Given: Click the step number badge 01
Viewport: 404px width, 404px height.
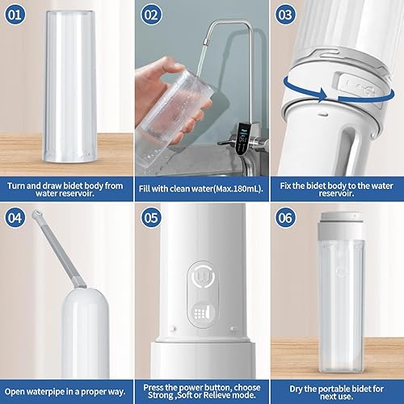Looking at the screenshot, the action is click(x=15, y=15).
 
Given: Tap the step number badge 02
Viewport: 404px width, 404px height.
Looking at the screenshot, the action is click(x=151, y=15).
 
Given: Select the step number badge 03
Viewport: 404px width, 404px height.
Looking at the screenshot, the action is click(x=285, y=15).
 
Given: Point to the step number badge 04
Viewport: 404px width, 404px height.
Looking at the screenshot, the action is click(x=15, y=218).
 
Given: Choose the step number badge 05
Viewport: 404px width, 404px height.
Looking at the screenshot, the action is click(x=151, y=218).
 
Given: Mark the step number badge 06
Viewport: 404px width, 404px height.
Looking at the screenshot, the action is click(x=285, y=218).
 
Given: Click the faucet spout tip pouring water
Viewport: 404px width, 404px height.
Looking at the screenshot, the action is click(x=205, y=42).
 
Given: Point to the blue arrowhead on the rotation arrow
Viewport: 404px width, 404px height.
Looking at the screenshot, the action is click(x=322, y=95).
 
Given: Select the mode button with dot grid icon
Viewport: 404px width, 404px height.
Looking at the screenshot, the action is click(x=203, y=313).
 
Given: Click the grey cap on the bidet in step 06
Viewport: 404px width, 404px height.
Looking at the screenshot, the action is click(x=340, y=225).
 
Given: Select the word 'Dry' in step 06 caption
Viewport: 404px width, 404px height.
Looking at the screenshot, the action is click(x=296, y=389).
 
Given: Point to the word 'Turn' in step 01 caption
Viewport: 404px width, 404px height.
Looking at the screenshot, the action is click(x=16, y=186).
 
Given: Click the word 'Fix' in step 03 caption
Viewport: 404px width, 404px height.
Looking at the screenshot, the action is click(x=285, y=186).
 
